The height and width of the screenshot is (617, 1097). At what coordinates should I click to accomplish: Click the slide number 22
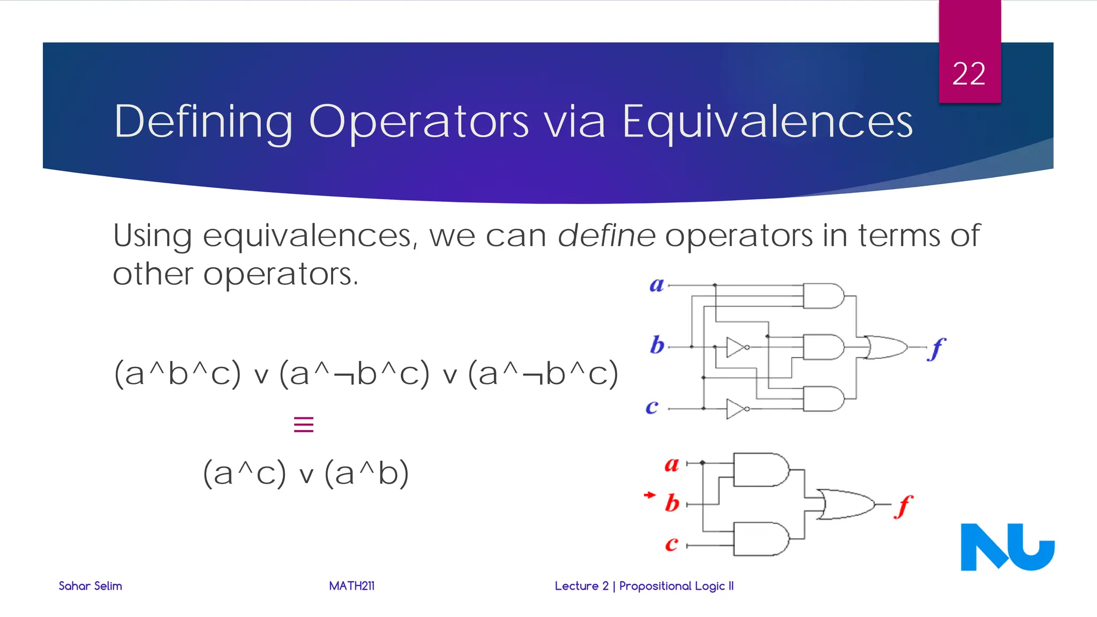pos(968,73)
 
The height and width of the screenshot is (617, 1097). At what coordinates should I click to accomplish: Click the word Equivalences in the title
pos(767,122)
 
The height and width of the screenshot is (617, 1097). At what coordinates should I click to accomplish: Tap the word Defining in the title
pos(204,122)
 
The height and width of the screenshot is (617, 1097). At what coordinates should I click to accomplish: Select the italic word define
pos(606,236)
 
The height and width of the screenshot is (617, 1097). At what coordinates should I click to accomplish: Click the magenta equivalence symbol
pos(304,425)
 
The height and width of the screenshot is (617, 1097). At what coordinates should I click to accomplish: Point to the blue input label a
pos(657,285)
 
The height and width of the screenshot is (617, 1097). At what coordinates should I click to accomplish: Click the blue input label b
pos(657,345)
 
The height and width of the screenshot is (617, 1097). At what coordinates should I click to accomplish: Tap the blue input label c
pos(652,407)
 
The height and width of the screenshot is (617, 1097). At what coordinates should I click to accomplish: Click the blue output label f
pos(936,349)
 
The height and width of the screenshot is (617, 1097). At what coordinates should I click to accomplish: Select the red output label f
pos(904,506)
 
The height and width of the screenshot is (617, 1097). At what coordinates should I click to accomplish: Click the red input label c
pos(672,544)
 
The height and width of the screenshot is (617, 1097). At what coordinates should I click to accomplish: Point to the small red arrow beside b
pos(650,495)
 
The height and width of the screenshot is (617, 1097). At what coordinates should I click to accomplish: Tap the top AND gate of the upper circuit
pos(823,296)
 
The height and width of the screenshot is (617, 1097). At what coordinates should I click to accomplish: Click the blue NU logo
pos(1007,547)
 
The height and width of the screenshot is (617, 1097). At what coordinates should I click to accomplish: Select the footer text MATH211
pos(352,586)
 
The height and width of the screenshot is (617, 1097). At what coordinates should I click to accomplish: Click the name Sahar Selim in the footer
pos(91,586)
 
